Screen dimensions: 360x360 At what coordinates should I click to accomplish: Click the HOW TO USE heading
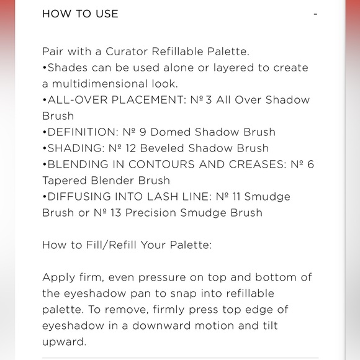tap(80, 14)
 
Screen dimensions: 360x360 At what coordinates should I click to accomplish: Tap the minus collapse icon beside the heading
tap(315, 14)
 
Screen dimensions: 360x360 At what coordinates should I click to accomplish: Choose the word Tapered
tap(65, 181)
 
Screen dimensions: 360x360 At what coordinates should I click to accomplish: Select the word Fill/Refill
tap(114, 245)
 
